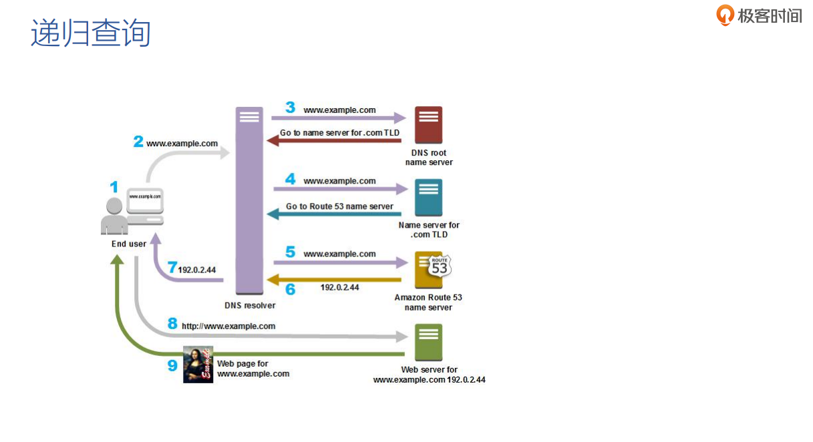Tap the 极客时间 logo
pos(759,15)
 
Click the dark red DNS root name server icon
pos(428,125)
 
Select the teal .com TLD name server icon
pos(428,198)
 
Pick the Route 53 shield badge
pos(440,266)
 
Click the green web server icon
pos(428,342)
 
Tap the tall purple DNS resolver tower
pos(249,200)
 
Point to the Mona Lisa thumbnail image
pos(198,365)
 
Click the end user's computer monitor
pos(146,197)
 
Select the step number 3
pos(290,107)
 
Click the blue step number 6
pos(290,289)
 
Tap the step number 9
pos(172,365)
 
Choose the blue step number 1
pos(114,188)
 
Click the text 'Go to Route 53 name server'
pos(339,206)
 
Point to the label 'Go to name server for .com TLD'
pos(339,133)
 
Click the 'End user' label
pos(129,244)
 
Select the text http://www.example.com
pos(228,326)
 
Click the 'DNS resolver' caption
pos(250,305)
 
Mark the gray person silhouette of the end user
pos(114,217)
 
